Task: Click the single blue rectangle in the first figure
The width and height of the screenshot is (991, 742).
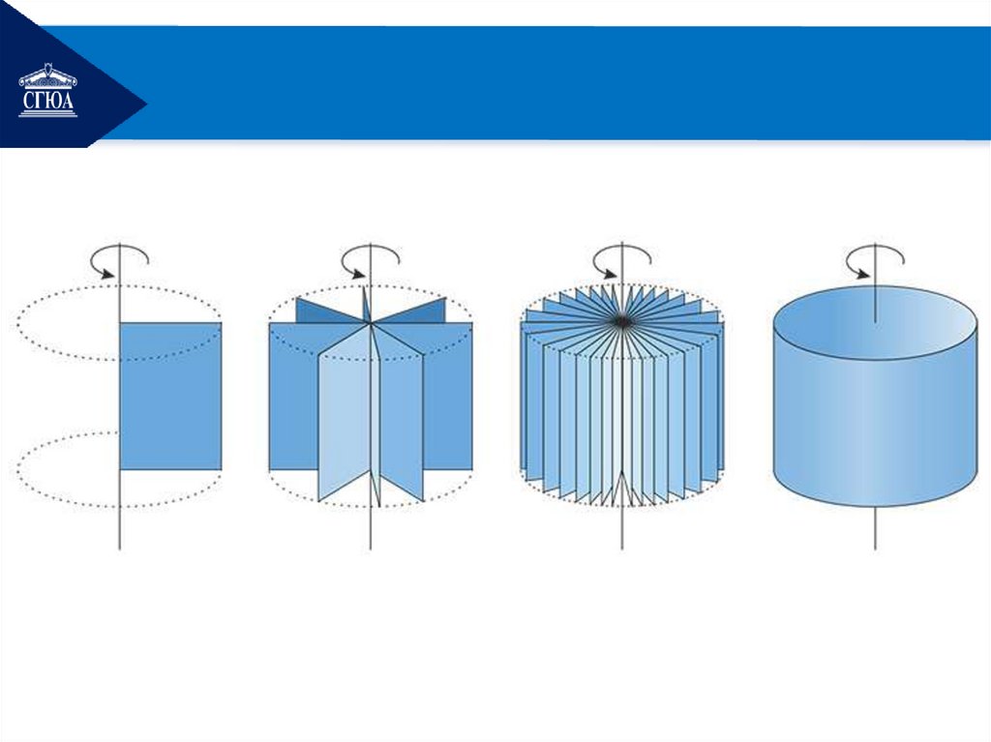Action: click(170, 397)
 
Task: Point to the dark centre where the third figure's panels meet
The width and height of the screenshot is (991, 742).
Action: click(622, 322)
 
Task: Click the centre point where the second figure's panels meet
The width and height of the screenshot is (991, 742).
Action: click(371, 324)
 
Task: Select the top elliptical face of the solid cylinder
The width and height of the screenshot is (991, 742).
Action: click(875, 323)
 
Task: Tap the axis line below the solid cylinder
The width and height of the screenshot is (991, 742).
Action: click(875, 528)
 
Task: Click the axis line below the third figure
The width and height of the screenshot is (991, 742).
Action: click(622, 528)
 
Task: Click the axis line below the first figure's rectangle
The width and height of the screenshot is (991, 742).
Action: click(119, 510)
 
